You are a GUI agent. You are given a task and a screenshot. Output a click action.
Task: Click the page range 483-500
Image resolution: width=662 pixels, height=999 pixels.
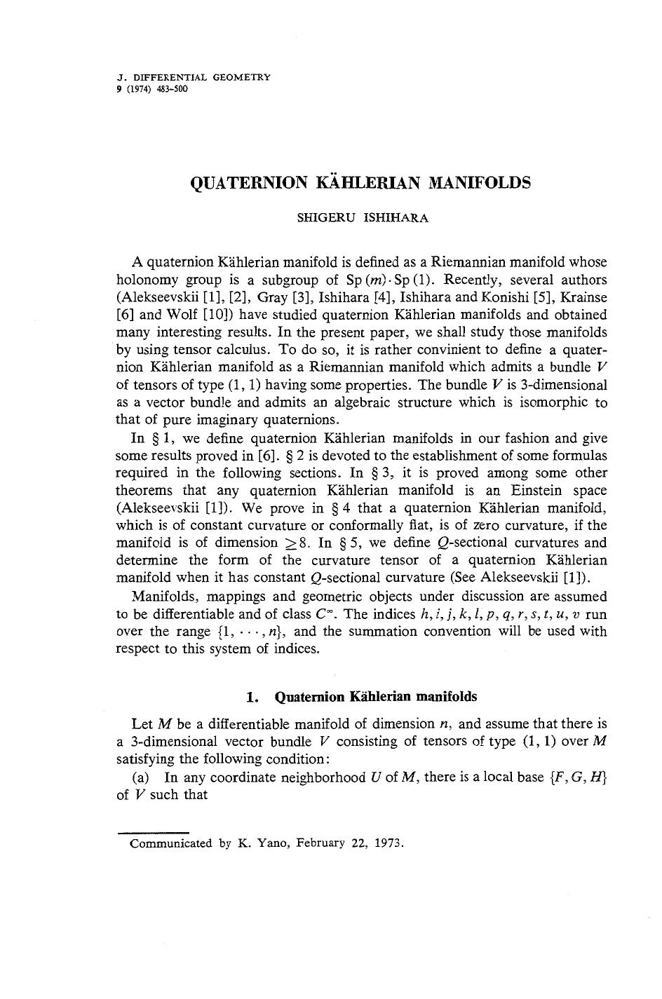[x=173, y=89]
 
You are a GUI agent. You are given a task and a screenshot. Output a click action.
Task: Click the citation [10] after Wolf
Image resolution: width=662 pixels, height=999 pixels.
[x=217, y=315]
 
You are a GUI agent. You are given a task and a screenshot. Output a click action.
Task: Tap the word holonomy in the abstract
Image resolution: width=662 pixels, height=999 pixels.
[x=144, y=280]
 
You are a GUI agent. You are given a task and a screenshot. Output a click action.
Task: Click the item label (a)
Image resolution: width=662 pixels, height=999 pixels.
[x=141, y=777]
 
